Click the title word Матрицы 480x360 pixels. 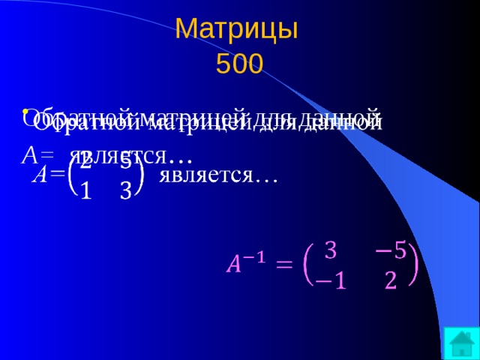click(x=237, y=29)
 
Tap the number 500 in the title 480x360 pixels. click(x=239, y=65)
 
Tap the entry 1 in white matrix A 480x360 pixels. click(x=85, y=192)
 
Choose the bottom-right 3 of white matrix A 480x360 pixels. click(x=126, y=192)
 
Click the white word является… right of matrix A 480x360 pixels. click(x=218, y=175)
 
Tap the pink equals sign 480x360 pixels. click(x=283, y=265)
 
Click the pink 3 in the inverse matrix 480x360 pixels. click(x=329, y=250)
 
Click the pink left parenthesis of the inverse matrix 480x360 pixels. click(x=307, y=266)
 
